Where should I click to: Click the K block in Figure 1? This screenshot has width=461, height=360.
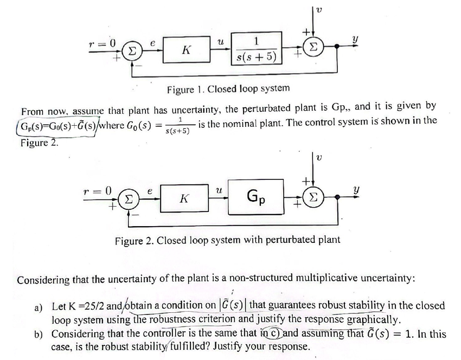185,50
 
